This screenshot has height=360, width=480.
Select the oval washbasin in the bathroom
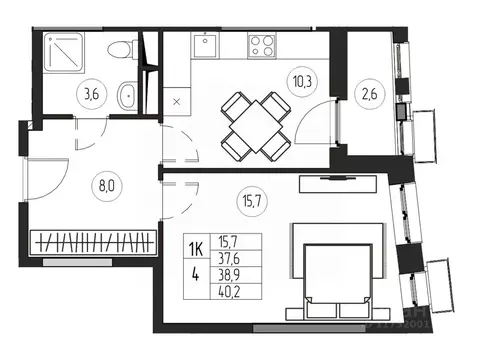(128, 99)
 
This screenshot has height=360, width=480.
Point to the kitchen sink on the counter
(206, 45)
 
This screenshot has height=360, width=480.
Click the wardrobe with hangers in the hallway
(94, 241)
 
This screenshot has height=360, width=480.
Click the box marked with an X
(178, 100)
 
